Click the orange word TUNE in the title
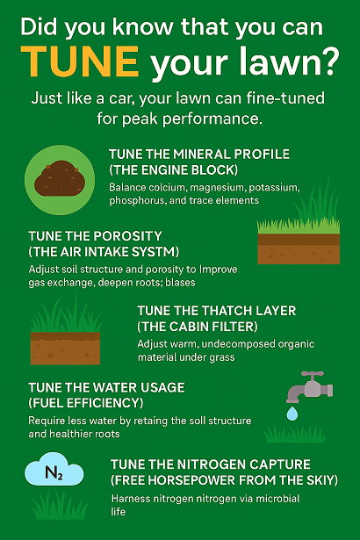click(x=80, y=61)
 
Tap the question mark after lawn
click(x=330, y=61)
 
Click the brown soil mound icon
click(x=60, y=178)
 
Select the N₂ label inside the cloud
click(x=54, y=472)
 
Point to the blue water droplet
click(x=292, y=414)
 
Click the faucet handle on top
click(x=312, y=375)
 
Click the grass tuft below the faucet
click(x=294, y=434)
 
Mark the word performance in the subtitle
click(x=212, y=119)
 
